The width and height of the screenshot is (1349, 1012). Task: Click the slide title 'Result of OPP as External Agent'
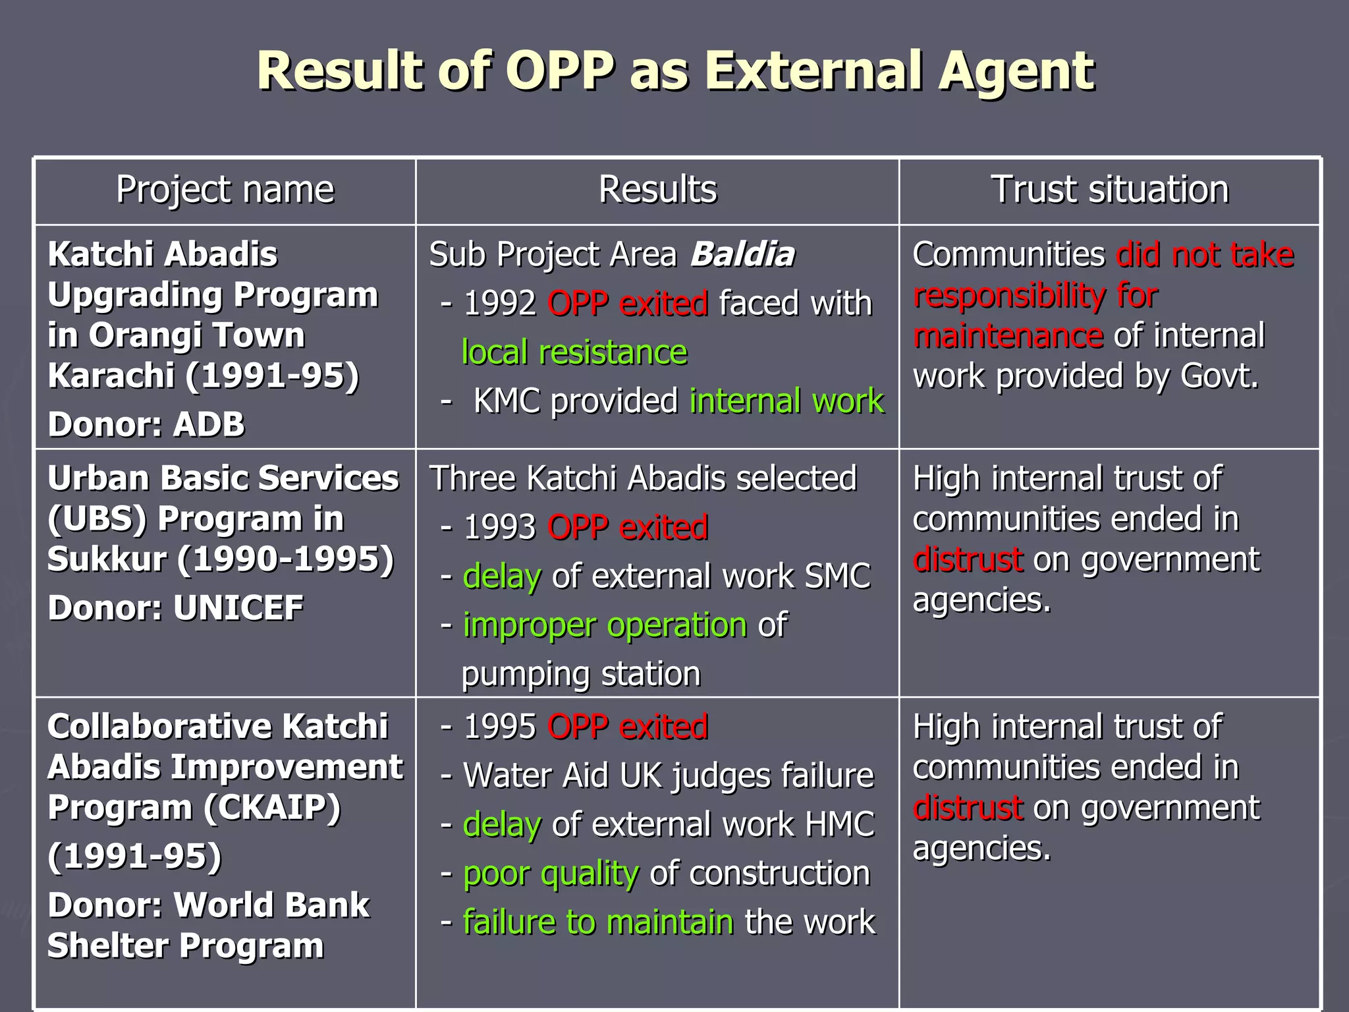675,71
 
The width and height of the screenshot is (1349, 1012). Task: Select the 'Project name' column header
225,190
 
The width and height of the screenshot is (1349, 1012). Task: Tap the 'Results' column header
657,190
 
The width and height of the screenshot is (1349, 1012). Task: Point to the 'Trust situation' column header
1110,190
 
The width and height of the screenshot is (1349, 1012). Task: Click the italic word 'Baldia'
742,254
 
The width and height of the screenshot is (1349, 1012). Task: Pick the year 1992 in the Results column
500,304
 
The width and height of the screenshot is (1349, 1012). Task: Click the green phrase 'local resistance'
574,352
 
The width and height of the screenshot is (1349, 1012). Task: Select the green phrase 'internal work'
786,401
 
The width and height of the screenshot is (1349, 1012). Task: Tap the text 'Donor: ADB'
146,424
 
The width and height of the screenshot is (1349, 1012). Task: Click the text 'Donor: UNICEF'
175,607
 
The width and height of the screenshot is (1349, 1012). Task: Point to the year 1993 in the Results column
500,528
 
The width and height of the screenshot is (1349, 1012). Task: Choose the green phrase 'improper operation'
605,625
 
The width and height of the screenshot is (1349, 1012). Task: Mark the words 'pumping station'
581,674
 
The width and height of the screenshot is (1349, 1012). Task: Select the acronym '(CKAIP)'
272,808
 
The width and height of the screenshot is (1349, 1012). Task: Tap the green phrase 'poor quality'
551,874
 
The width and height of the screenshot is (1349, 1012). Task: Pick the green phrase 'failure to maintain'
598,922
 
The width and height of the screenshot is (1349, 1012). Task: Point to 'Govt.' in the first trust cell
1219,376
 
